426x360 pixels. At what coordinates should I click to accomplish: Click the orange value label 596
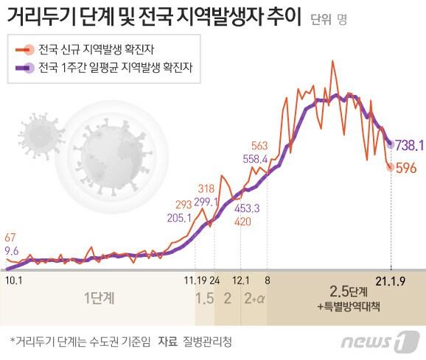pyautogui.click(x=408, y=169)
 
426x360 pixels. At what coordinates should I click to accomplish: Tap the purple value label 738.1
pyautogui.click(x=409, y=145)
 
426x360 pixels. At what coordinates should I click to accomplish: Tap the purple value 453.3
pyautogui.click(x=246, y=208)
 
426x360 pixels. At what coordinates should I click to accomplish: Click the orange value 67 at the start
pyautogui.click(x=10, y=237)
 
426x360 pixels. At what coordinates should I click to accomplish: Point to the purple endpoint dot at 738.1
pyautogui.click(x=390, y=144)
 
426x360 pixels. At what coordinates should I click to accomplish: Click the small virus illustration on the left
pyautogui.click(x=41, y=132)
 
